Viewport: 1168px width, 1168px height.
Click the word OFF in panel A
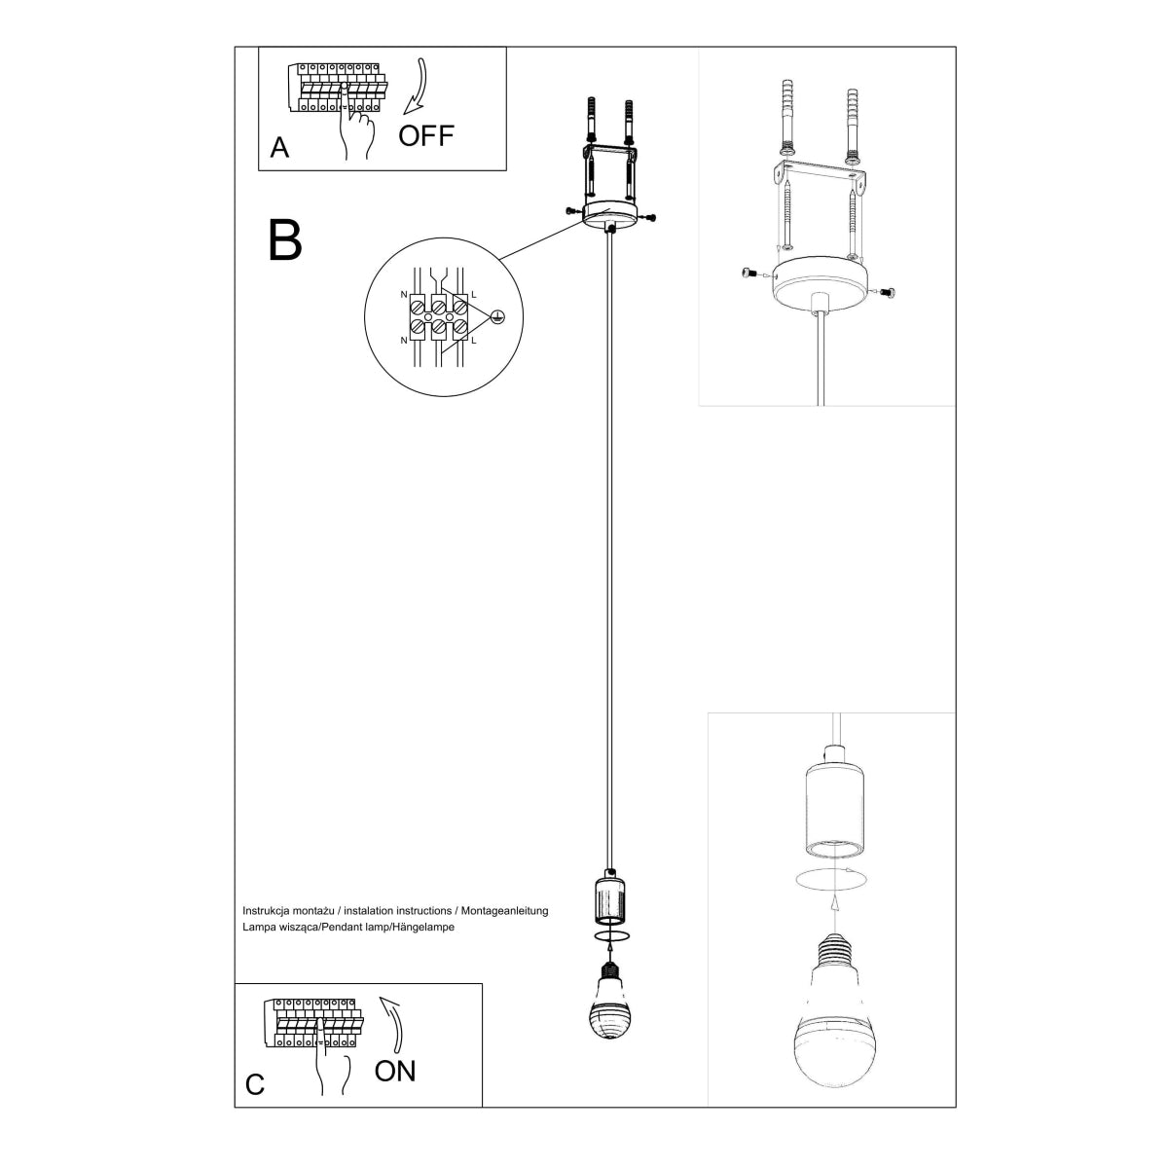[x=426, y=134]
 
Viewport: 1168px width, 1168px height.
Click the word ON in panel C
[x=395, y=1071]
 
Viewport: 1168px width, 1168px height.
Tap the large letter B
[x=285, y=239]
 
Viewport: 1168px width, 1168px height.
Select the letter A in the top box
[x=279, y=148]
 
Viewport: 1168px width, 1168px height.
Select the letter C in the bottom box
[x=255, y=1084]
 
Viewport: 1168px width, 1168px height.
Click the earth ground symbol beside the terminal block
[x=497, y=316]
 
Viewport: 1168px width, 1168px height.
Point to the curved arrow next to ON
[x=393, y=1021]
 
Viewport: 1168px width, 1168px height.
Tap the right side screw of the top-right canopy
[x=887, y=290]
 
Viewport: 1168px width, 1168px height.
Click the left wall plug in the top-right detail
[x=786, y=117]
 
